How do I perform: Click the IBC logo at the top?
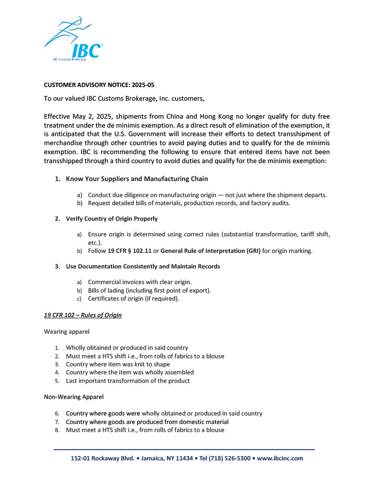pyautogui.click(x=73, y=40)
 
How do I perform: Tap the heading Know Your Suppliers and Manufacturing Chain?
pyautogui.click(x=137, y=179)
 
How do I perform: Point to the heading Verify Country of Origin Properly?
pyautogui.click(x=112, y=219)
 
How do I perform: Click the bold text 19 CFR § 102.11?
pyautogui.click(x=129, y=251)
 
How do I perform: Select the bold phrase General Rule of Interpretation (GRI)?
pyautogui.click(x=210, y=251)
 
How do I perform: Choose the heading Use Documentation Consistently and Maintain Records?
pyautogui.click(x=143, y=267)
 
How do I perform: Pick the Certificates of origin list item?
pyautogui.click(x=133, y=299)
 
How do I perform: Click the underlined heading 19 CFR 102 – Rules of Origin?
pyautogui.click(x=83, y=315)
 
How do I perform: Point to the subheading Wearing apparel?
pyautogui.click(x=67, y=332)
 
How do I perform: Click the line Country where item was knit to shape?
pyautogui.click(x=118, y=364)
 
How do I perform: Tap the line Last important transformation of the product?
pyautogui.click(x=128, y=381)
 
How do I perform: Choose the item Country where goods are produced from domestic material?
pyautogui.click(x=147, y=422)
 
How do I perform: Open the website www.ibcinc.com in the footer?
pyautogui.click(x=280, y=458)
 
